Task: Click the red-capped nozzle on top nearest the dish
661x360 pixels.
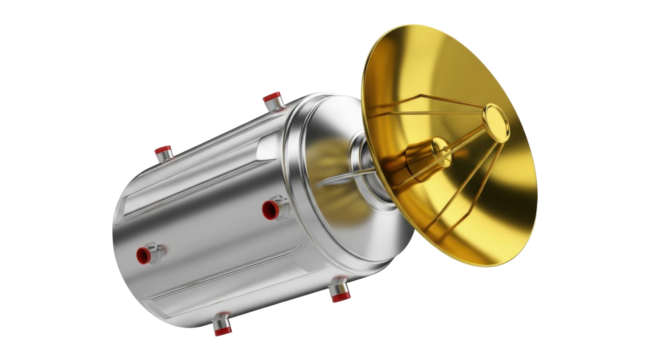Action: click(272, 99)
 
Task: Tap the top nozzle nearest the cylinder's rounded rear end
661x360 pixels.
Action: click(163, 152)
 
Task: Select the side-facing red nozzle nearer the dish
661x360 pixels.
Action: click(270, 209)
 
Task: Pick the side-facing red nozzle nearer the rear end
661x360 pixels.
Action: click(151, 253)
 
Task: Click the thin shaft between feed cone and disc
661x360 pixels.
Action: click(465, 137)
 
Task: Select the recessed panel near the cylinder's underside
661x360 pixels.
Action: click(250, 290)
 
